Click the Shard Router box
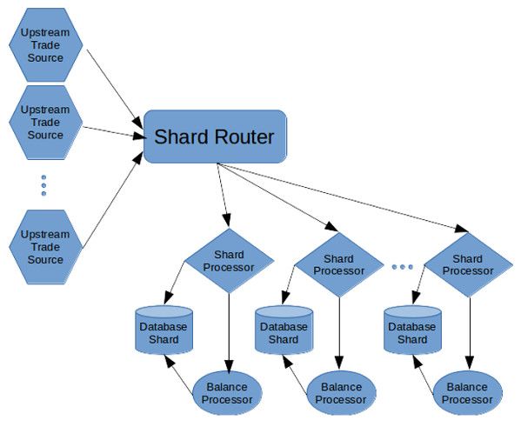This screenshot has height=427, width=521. (215, 137)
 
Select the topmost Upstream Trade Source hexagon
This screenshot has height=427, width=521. (45, 45)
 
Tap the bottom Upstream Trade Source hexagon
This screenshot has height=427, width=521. (45, 247)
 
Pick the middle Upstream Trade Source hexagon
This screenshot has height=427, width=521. (45, 123)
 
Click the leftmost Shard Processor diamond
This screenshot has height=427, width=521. (229, 261)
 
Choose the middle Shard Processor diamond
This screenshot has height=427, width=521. (339, 265)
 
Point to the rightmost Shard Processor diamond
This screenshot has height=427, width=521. (469, 265)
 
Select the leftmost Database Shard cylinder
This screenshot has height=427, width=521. (164, 330)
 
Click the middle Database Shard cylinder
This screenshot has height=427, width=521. (284, 330)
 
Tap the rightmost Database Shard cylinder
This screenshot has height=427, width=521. (412, 330)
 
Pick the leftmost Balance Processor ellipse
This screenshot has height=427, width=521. (228, 393)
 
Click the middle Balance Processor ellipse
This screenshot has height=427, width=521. (341, 393)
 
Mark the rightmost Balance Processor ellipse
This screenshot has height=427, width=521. (467, 393)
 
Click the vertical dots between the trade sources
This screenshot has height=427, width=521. (43, 185)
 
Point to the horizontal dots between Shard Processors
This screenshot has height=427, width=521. (403, 266)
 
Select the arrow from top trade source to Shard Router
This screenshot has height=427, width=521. (115, 90)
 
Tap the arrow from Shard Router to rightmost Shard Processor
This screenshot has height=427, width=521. (343, 197)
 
